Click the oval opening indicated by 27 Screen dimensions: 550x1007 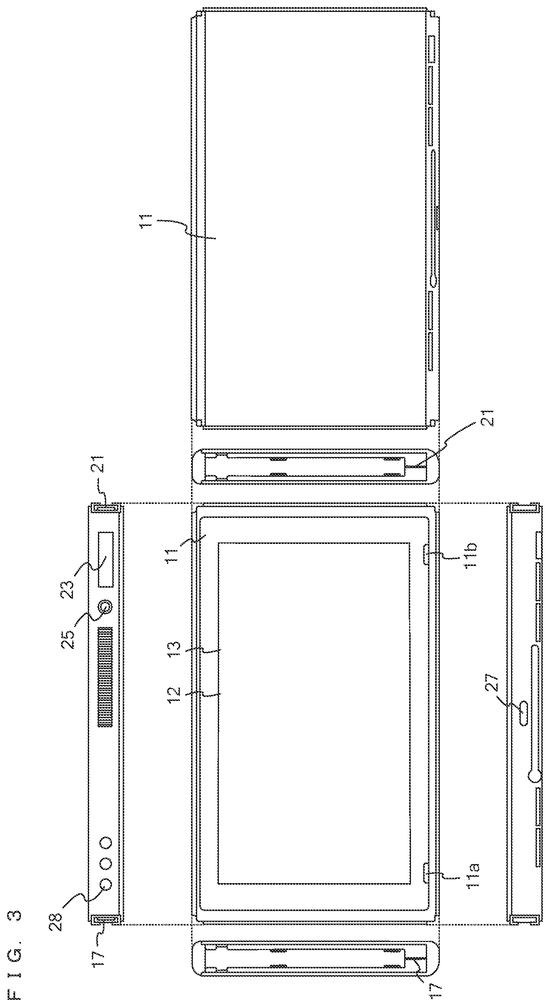(523, 707)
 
